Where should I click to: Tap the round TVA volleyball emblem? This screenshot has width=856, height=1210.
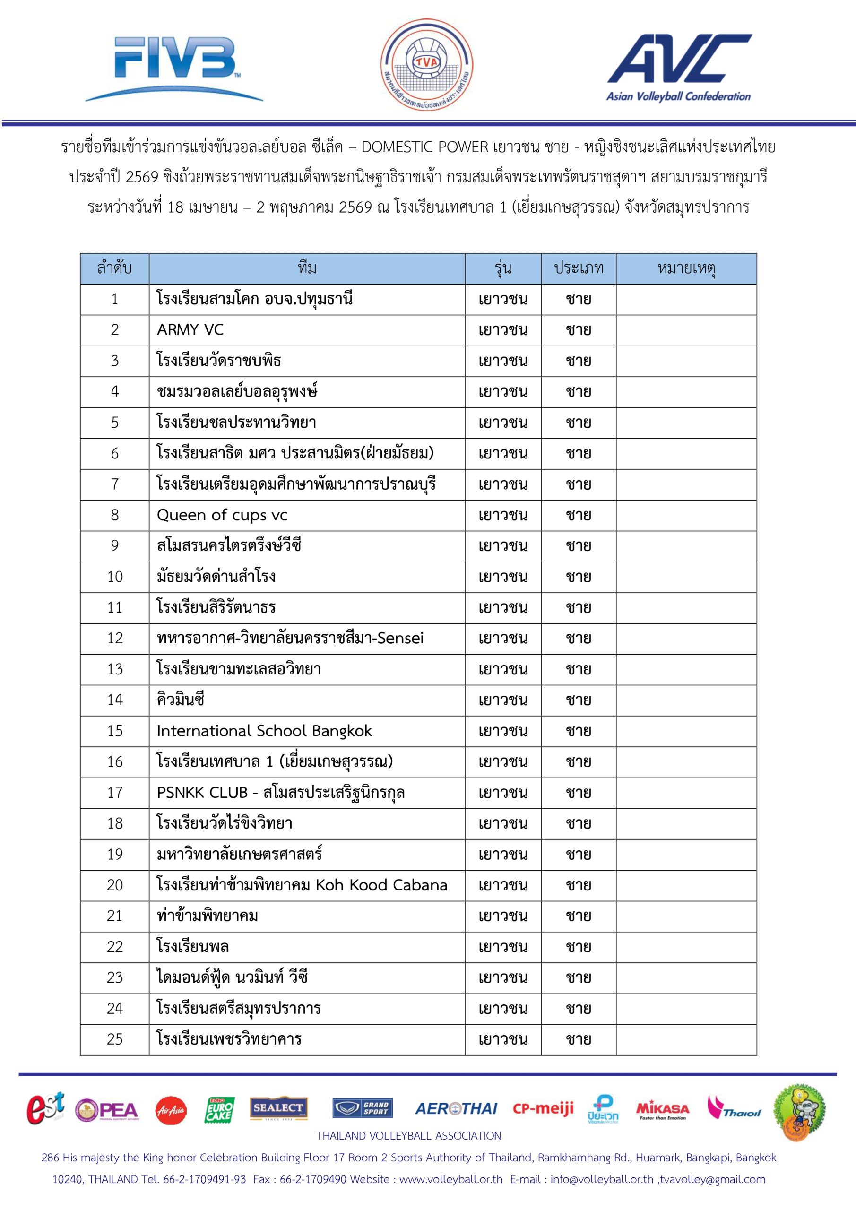426,65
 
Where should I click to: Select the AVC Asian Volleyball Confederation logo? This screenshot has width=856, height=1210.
679,67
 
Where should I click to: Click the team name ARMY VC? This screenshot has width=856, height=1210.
190,330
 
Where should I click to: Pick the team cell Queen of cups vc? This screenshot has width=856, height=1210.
222,515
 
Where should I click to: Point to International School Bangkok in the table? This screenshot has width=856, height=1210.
264,731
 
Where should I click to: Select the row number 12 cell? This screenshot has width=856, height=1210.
115,638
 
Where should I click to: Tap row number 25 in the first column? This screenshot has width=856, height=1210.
115,1039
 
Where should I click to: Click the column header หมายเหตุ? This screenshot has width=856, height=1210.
686,269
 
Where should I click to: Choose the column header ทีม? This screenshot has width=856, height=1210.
307,269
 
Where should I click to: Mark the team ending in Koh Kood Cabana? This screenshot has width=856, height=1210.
302,885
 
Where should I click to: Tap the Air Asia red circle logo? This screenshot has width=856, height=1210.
171,1110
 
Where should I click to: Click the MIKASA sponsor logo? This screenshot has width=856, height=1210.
663,1110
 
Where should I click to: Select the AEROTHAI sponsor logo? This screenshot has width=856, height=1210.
456,1109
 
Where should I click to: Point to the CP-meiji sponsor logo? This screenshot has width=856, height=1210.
543,1109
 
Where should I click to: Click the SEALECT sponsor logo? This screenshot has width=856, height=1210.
278,1108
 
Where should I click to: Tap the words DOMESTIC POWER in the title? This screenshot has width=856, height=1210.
425,147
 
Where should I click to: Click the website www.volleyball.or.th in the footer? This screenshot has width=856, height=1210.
450,1179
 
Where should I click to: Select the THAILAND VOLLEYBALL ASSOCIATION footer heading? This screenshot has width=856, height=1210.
408,1136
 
